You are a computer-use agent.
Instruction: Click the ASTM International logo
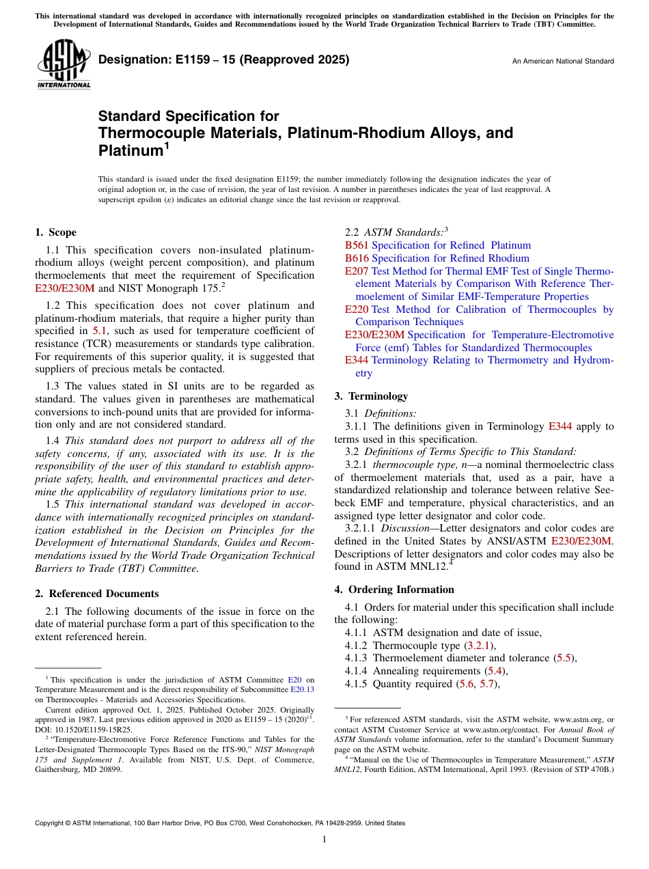pos(63,66)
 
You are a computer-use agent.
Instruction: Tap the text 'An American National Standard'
pos(562,61)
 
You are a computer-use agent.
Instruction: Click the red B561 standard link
pos(357,245)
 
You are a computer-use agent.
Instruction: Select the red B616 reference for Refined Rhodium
pos(357,258)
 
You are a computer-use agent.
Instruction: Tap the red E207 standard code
pos(357,271)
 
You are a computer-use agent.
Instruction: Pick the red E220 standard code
pos(357,309)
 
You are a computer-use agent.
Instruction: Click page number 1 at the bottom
pos(324,840)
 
